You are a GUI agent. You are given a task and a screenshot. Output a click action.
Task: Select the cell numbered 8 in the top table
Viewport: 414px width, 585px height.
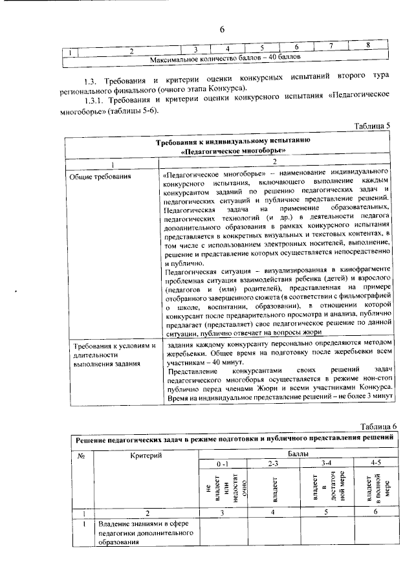[367, 45]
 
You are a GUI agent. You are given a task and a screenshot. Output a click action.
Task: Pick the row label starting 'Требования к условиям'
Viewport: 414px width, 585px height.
[114, 346]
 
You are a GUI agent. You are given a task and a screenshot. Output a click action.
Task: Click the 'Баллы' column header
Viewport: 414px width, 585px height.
[298, 456]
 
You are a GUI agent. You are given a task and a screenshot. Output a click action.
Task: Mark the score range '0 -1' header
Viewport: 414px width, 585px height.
[223, 466]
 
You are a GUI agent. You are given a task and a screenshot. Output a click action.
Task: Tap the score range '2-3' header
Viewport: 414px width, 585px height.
[274, 466]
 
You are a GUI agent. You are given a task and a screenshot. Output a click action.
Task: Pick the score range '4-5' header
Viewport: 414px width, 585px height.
[377, 466]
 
